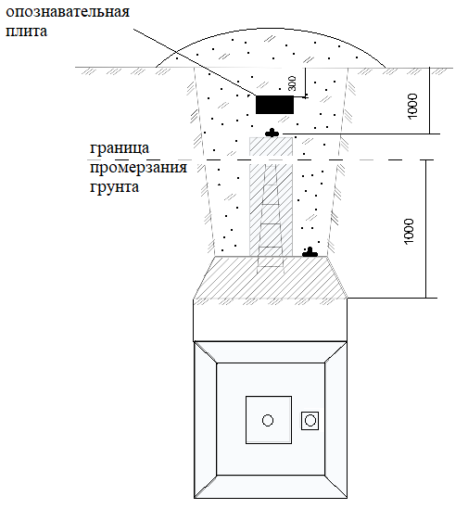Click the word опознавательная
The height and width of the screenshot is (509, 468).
coord(68,12)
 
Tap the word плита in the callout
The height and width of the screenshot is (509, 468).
coord(27,32)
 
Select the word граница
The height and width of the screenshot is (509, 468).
coord(120,148)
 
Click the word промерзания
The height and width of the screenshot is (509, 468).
coord(139,168)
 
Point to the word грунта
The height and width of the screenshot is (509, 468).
coord(114,187)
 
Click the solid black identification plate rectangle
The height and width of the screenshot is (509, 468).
coord(274,105)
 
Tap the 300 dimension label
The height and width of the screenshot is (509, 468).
coord(292,83)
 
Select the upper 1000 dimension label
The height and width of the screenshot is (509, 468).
coord(412,106)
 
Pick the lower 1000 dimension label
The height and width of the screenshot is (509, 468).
coord(410,231)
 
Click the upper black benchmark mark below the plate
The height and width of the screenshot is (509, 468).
coord(272,133)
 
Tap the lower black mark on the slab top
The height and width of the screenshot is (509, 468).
coord(310,252)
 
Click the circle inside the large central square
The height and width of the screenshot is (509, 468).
coord(268,420)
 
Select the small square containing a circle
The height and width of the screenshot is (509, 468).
coord(310,421)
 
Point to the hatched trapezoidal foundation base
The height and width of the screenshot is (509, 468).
coord(270,277)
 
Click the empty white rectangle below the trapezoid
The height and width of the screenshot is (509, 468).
coord(270,320)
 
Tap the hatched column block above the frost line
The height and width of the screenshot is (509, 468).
coord(271,146)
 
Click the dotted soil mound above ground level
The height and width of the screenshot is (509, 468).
coord(271,49)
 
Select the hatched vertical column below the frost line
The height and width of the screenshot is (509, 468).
coord(271,210)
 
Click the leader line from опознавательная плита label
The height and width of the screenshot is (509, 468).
coord(195,62)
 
